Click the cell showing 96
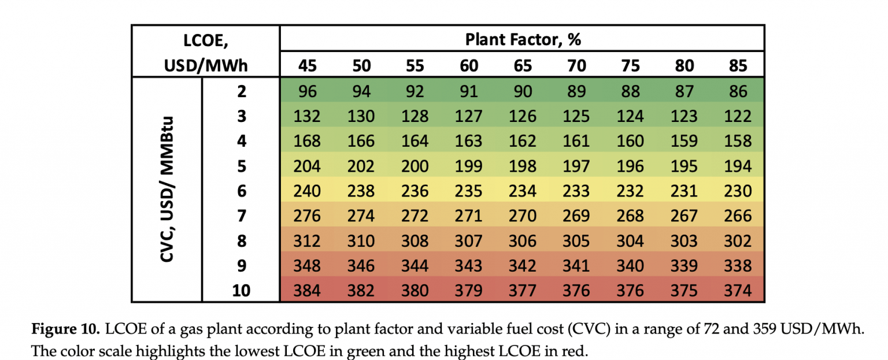point(307,91)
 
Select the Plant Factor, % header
point(523,39)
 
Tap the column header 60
point(469,65)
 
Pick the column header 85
point(738,65)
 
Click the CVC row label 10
point(241,290)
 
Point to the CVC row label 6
point(241,191)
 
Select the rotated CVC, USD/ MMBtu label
point(167,190)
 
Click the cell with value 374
point(738,290)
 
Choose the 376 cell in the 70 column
point(576,290)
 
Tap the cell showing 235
point(469,191)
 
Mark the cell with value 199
point(469,166)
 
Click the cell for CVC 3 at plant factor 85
point(738,116)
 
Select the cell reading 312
point(307,240)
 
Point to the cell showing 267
point(684,216)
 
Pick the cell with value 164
point(415,141)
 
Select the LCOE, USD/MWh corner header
point(206,53)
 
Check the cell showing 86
point(738,91)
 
